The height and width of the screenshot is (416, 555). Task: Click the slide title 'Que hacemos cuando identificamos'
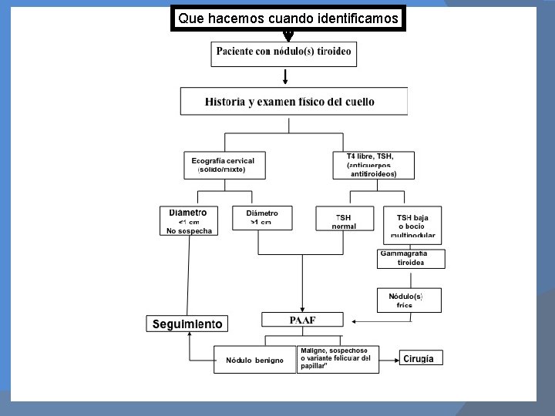(288, 18)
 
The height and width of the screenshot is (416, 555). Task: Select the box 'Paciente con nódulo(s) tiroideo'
(284, 53)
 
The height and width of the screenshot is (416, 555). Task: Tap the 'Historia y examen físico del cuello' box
(294, 102)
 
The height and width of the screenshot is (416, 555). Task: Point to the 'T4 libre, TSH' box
(375, 165)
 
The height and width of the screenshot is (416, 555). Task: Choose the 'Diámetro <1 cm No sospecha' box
(189, 220)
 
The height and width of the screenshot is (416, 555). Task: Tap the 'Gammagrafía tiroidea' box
(410, 258)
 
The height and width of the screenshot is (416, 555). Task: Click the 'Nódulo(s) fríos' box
(409, 300)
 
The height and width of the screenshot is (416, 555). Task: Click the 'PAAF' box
(302, 320)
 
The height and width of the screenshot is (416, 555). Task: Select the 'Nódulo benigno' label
(254, 360)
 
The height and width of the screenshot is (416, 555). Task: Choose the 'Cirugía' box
(421, 358)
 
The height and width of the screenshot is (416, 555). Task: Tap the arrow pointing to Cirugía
(389, 358)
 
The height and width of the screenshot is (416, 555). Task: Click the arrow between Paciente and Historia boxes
(286, 76)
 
